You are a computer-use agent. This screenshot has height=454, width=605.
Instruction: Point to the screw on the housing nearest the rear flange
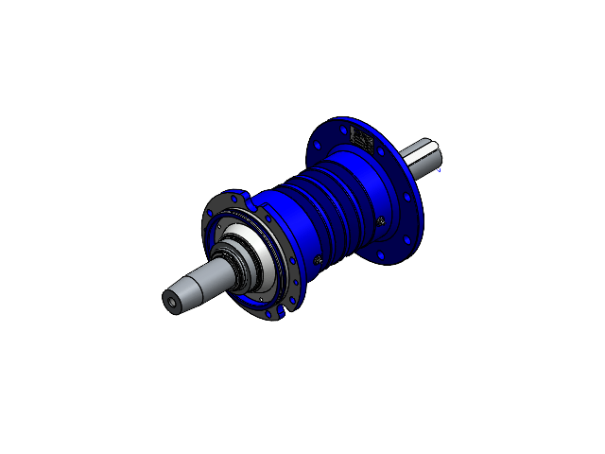click(x=380, y=220)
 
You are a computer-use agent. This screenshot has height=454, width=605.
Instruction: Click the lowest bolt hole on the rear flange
click(x=385, y=255)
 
